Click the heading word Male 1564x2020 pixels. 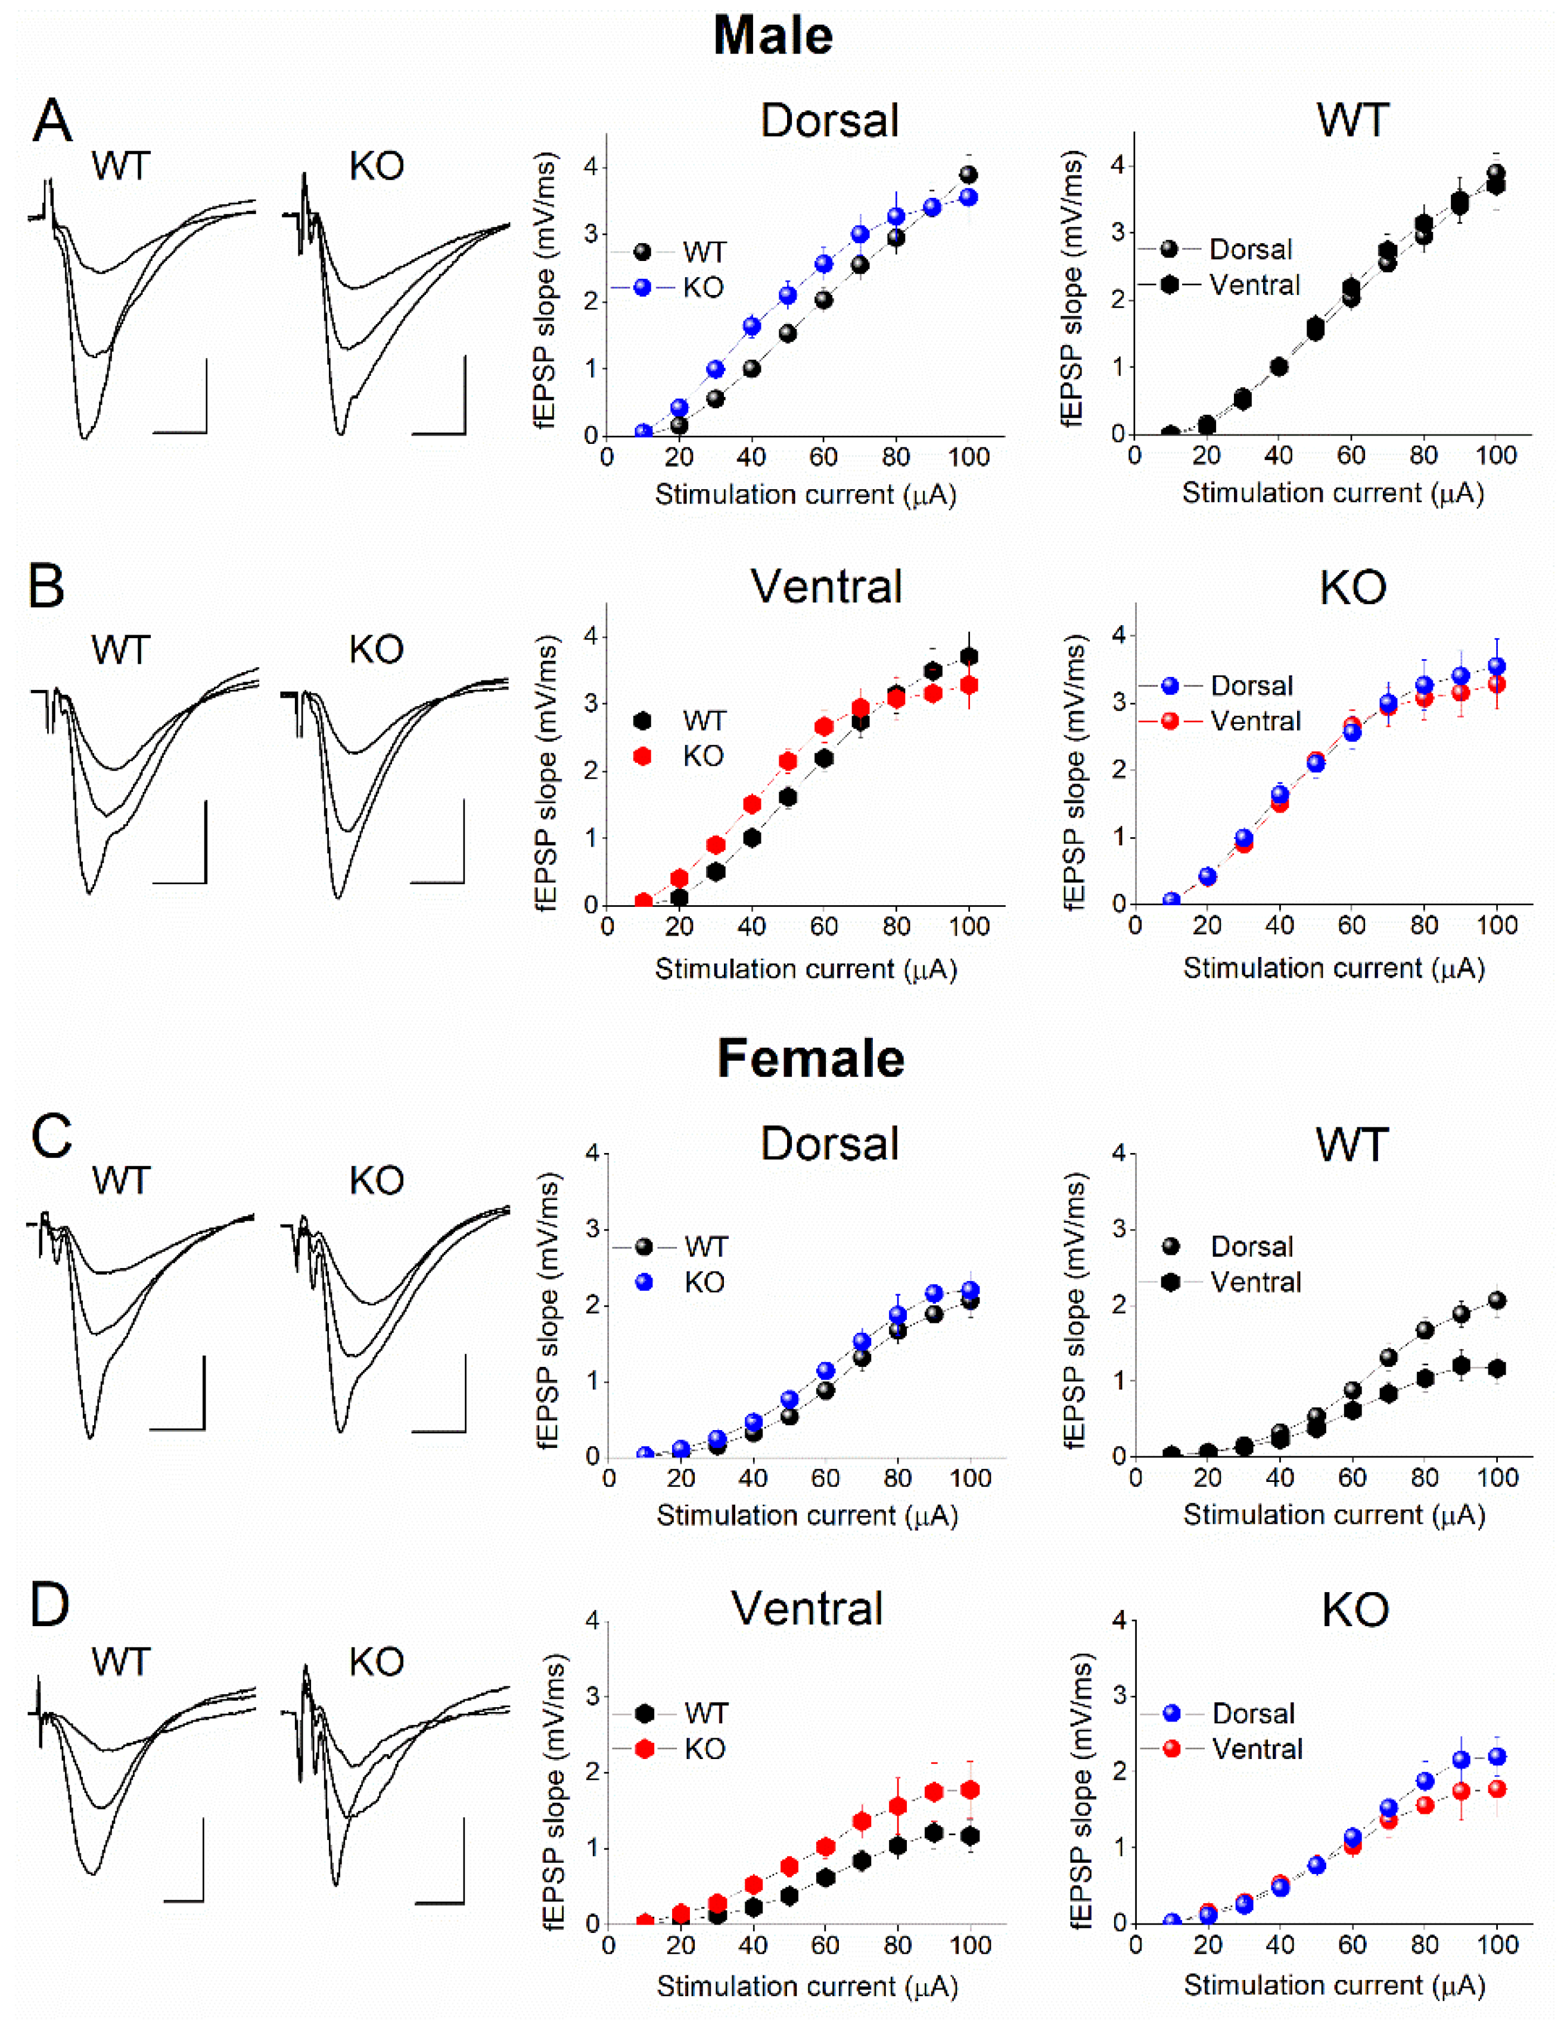coord(773,37)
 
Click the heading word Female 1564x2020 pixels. coord(810,1059)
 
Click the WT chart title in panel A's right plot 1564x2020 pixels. coord(1352,120)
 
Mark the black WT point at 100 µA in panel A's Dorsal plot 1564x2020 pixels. coord(968,175)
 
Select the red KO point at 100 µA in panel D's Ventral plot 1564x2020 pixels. coord(970,1790)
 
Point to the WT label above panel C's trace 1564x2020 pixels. coord(120,1181)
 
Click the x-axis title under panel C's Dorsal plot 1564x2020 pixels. coord(807,1515)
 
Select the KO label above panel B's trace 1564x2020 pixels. coord(377,650)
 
